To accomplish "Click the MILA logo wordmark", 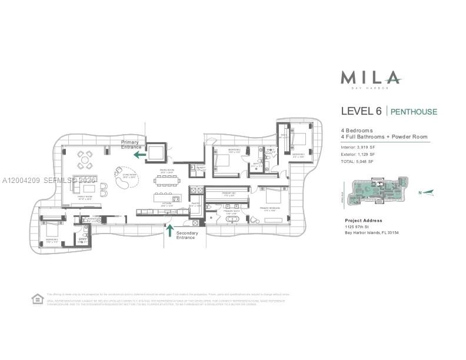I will click(371, 78).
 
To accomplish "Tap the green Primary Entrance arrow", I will click(139, 155).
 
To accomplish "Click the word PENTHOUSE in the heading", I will click(414, 111).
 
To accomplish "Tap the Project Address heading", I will click(362, 221).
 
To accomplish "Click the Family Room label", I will click(85, 198).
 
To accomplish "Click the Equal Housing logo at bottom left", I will click(36, 299).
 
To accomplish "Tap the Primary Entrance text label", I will click(131, 144).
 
